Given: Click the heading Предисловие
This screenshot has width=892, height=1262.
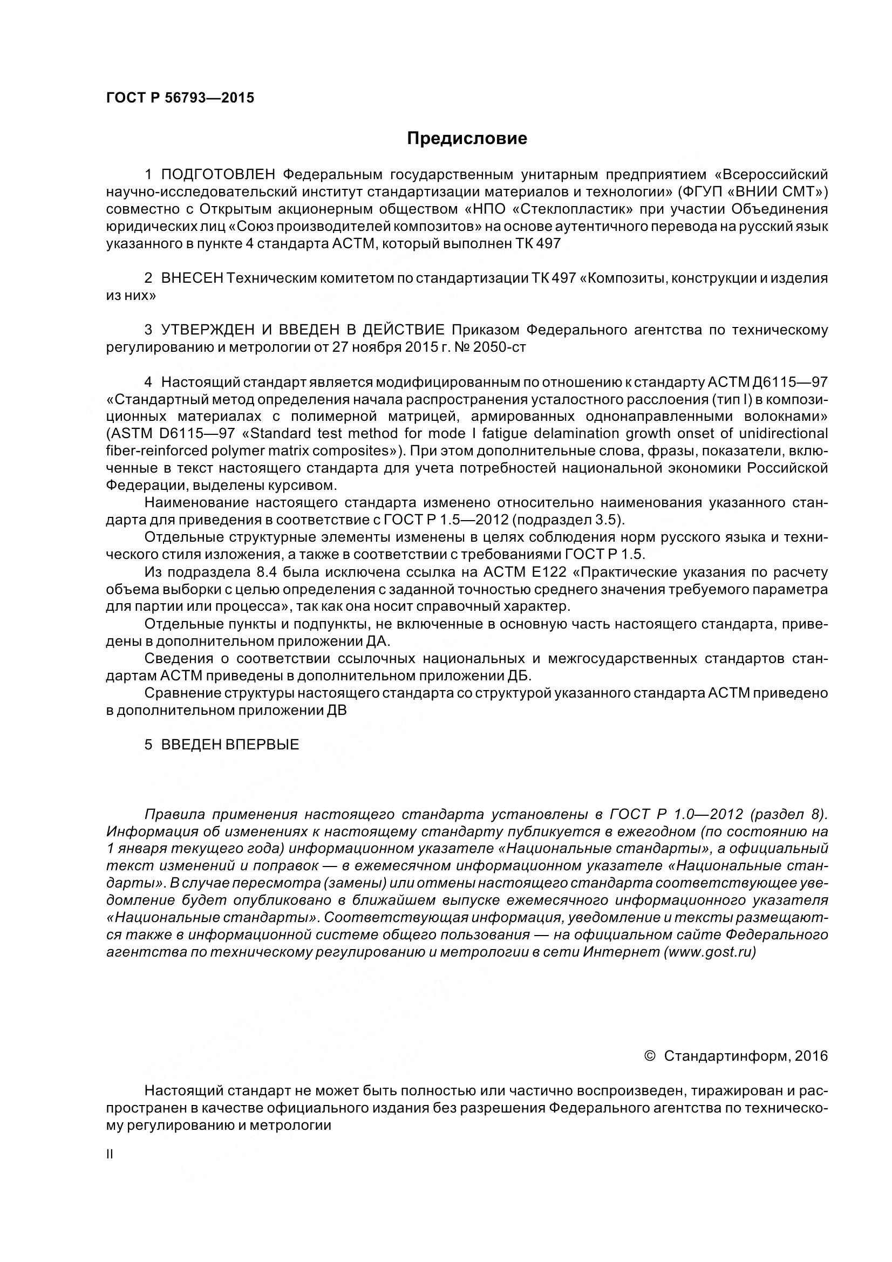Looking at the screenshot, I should point(467,139).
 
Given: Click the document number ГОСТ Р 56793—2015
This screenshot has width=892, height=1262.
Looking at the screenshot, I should point(180,98).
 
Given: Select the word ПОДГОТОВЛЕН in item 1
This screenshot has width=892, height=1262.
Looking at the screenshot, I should point(217,175).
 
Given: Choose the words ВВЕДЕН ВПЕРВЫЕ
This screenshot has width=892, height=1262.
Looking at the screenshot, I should point(230,745).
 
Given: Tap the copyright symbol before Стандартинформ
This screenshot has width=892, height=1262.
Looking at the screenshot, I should point(649,1056).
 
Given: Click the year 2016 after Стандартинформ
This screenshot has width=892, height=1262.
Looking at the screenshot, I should point(811,1056).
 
